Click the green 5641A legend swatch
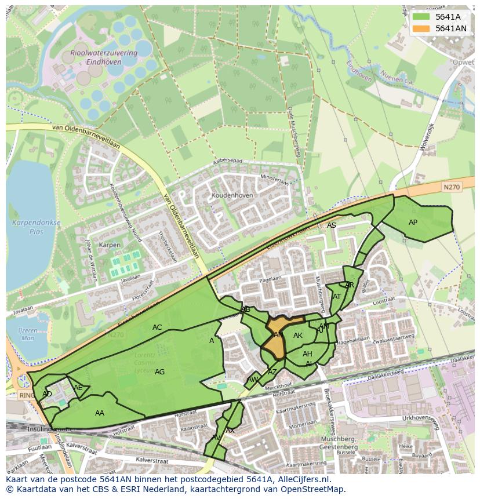[x=421, y=17]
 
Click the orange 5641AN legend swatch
[x=421, y=28]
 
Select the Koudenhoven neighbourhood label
[x=232, y=196]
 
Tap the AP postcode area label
[x=413, y=223]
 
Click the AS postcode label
[x=331, y=225]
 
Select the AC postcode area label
[x=157, y=327]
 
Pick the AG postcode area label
[x=160, y=372]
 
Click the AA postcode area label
[x=100, y=413]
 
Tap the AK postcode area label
[x=298, y=336]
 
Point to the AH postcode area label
[x=307, y=354]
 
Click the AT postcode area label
[x=337, y=297]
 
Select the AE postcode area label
[x=78, y=388]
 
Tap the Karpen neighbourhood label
[x=110, y=245]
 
